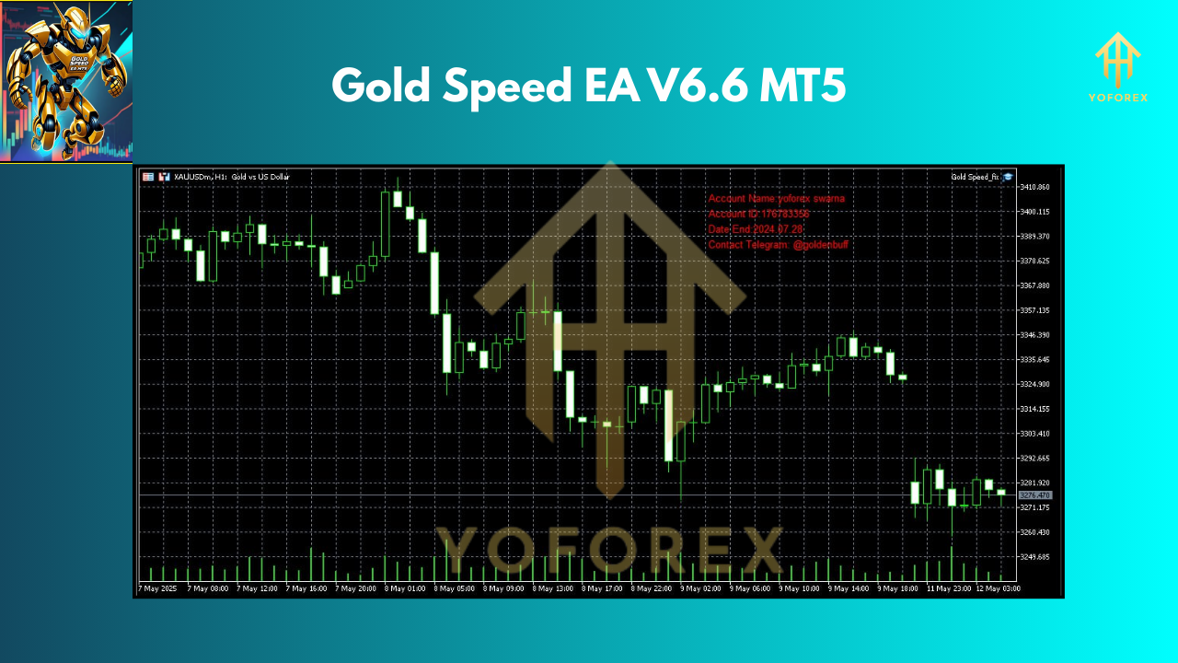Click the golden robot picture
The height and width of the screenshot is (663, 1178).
pyautogui.click(x=65, y=81)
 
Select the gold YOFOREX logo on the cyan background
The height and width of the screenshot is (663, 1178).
pyautogui.click(x=1117, y=67)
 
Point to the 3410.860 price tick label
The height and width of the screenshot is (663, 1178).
pyautogui.click(x=1035, y=187)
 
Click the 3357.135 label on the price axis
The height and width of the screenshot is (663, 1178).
pyautogui.click(x=1035, y=310)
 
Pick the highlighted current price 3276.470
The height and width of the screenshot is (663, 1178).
pyautogui.click(x=1035, y=495)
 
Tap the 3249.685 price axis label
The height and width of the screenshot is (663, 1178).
pyautogui.click(x=1035, y=557)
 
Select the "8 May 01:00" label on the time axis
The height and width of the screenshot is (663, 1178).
pyautogui.click(x=405, y=587)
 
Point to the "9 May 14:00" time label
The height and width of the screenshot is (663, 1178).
pyautogui.click(x=849, y=587)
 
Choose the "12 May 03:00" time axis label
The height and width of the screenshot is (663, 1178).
pyautogui.click(x=997, y=587)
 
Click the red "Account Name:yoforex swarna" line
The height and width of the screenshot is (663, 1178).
pyautogui.click(x=776, y=198)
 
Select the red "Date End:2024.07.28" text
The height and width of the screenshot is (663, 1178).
pyautogui.click(x=755, y=229)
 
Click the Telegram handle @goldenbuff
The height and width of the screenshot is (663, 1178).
pyautogui.click(x=820, y=245)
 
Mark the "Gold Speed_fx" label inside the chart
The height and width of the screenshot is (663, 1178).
pyautogui.click(x=975, y=177)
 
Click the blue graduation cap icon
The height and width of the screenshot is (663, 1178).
pyautogui.click(x=1008, y=177)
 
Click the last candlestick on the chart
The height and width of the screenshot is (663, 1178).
pyautogui.click(x=1001, y=493)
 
